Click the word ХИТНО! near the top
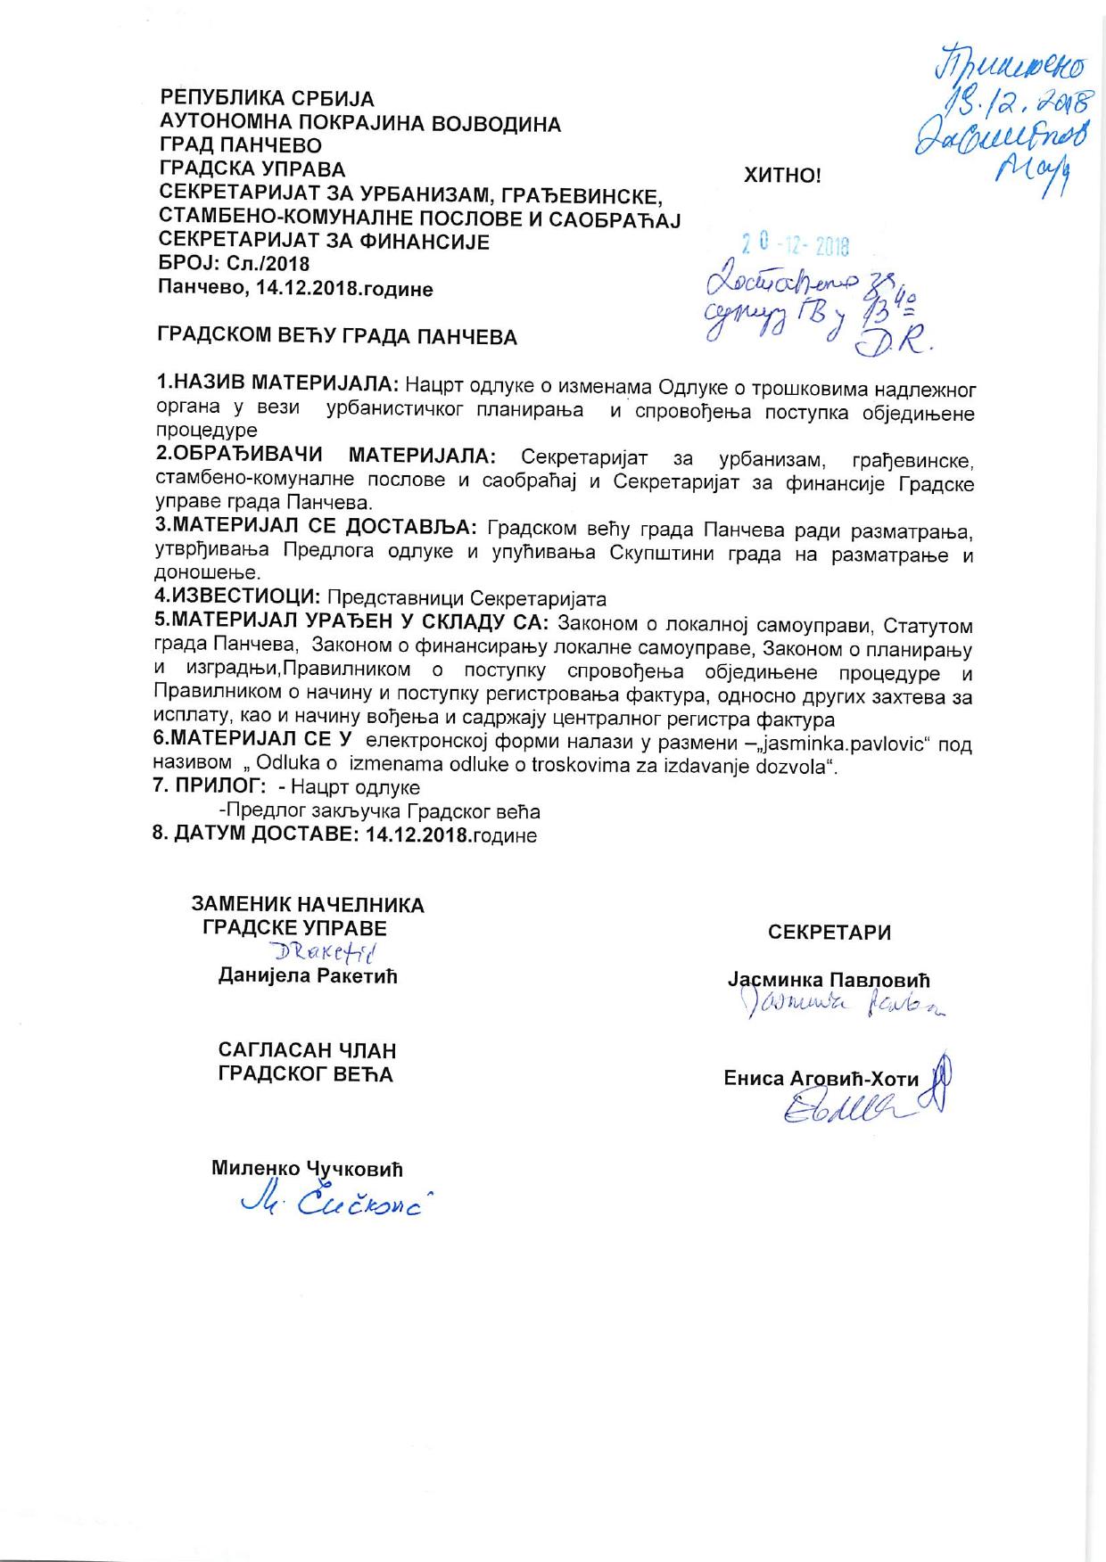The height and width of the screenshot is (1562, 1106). click(x=782, y=176)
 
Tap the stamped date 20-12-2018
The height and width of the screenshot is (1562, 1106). click(x=796, y=246)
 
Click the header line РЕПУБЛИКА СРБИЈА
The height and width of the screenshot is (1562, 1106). click(x=267, y=99)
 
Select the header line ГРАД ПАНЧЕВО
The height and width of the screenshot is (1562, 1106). click(x=240, y=145)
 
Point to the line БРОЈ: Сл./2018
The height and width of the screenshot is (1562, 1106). click(x=234, y=265)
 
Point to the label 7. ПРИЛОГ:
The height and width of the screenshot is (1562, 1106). click(x=210, y=787)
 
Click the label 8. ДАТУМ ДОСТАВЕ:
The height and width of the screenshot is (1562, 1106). click(x=257, y=836)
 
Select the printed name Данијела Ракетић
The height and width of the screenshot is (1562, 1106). click(x=308, y=975)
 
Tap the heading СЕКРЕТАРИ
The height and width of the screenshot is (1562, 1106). click(x=829, y=933)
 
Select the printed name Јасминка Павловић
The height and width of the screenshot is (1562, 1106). click(x=829, y=982)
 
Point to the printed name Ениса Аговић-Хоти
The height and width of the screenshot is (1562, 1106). click(x=821, y=1079)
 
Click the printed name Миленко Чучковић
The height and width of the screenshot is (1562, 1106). click(x=308, y=1168)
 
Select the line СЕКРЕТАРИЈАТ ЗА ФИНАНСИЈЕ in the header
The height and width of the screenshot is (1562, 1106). click(x=324, y=242)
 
